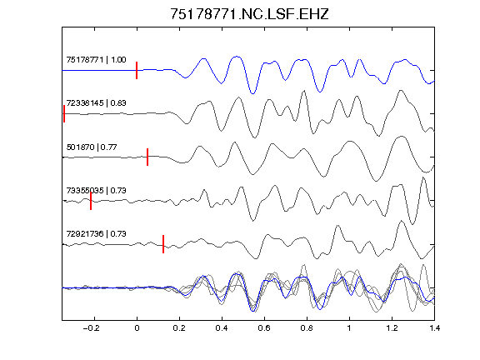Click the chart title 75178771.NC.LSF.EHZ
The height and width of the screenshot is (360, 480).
point(249,14)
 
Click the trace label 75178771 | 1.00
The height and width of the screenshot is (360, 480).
point(96,60)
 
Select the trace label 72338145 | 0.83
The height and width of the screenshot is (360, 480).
point(96,103)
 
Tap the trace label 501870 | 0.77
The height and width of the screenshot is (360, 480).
point(92,147)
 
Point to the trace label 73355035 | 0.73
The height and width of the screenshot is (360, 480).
point(96,191)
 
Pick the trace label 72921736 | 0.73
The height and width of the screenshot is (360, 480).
point(96,234)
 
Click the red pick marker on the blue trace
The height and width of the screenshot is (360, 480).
point(137,70)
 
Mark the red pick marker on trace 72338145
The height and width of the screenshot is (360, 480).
point(64,114)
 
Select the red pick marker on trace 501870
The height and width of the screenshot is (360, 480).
point(147,157)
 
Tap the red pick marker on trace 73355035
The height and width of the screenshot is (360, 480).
point(91,201)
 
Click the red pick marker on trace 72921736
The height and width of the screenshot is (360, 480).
point(163,244)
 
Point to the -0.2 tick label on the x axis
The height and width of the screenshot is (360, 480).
point(91,328)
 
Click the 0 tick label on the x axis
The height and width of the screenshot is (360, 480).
point(137,328)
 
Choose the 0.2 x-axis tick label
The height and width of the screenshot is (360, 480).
point(179,328)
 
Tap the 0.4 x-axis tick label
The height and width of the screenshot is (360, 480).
point(222,328)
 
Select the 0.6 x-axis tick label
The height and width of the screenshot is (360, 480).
point(264,328)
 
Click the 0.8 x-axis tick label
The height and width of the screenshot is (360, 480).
point(307,328)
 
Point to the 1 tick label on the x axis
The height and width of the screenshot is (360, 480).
point(349,328)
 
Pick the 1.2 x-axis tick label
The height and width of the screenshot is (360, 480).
point(392,328)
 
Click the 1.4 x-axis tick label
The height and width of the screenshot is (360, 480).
point(434,328)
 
